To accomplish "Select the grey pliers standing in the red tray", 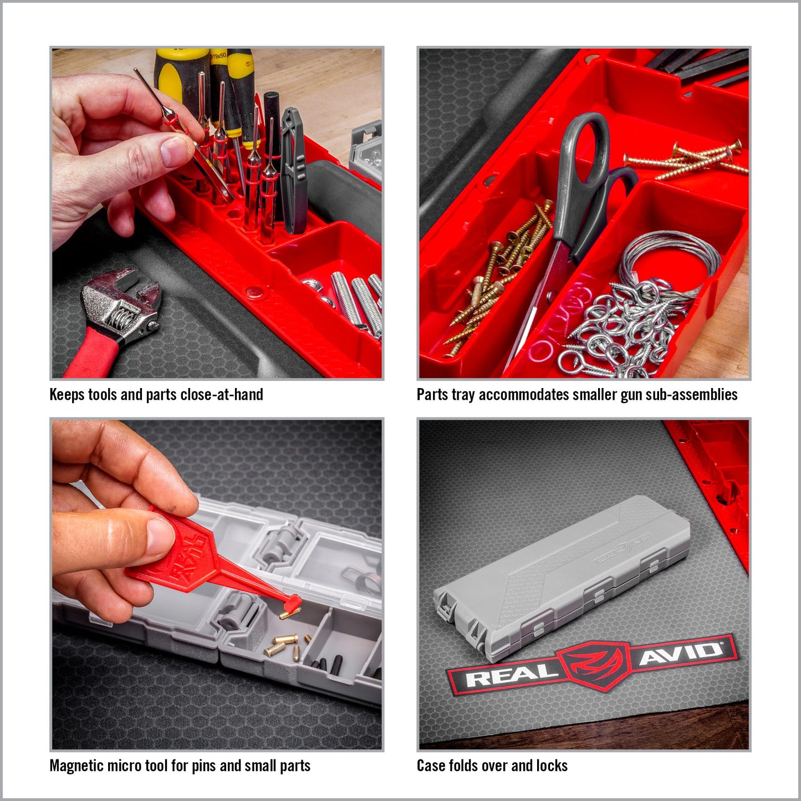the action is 294,170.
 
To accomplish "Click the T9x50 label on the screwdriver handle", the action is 219,55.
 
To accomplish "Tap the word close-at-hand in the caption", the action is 222,395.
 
